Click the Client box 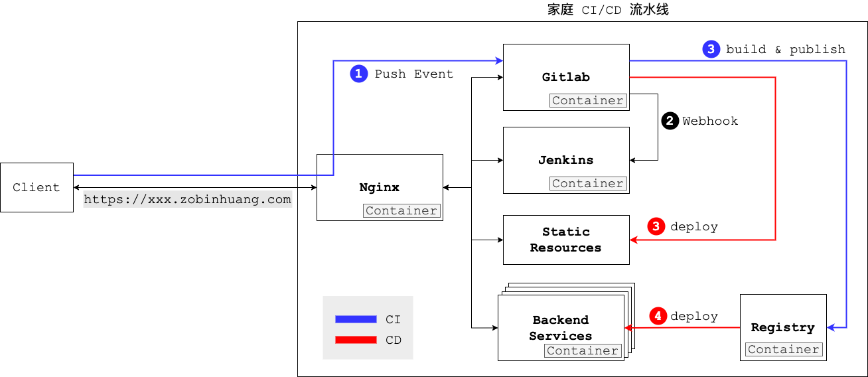point(36,187)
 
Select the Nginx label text point(379,187)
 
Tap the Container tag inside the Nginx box point(401,210)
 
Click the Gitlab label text point(565,77)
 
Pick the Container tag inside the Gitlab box point(588,100)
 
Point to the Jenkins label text point(565,160)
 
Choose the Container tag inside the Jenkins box point(588,183)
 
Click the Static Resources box point(565,240)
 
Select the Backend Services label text point(560,328)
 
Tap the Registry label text point(782,327)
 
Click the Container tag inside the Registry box point(783,349)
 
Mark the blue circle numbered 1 point(358,74)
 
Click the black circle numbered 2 point(670,121)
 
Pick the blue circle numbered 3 point(711,49)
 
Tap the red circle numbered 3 point(656,226)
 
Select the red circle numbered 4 point(658,316)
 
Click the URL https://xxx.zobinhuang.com point(187,200)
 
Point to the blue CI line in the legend point(356,319)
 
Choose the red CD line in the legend point(356,340)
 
